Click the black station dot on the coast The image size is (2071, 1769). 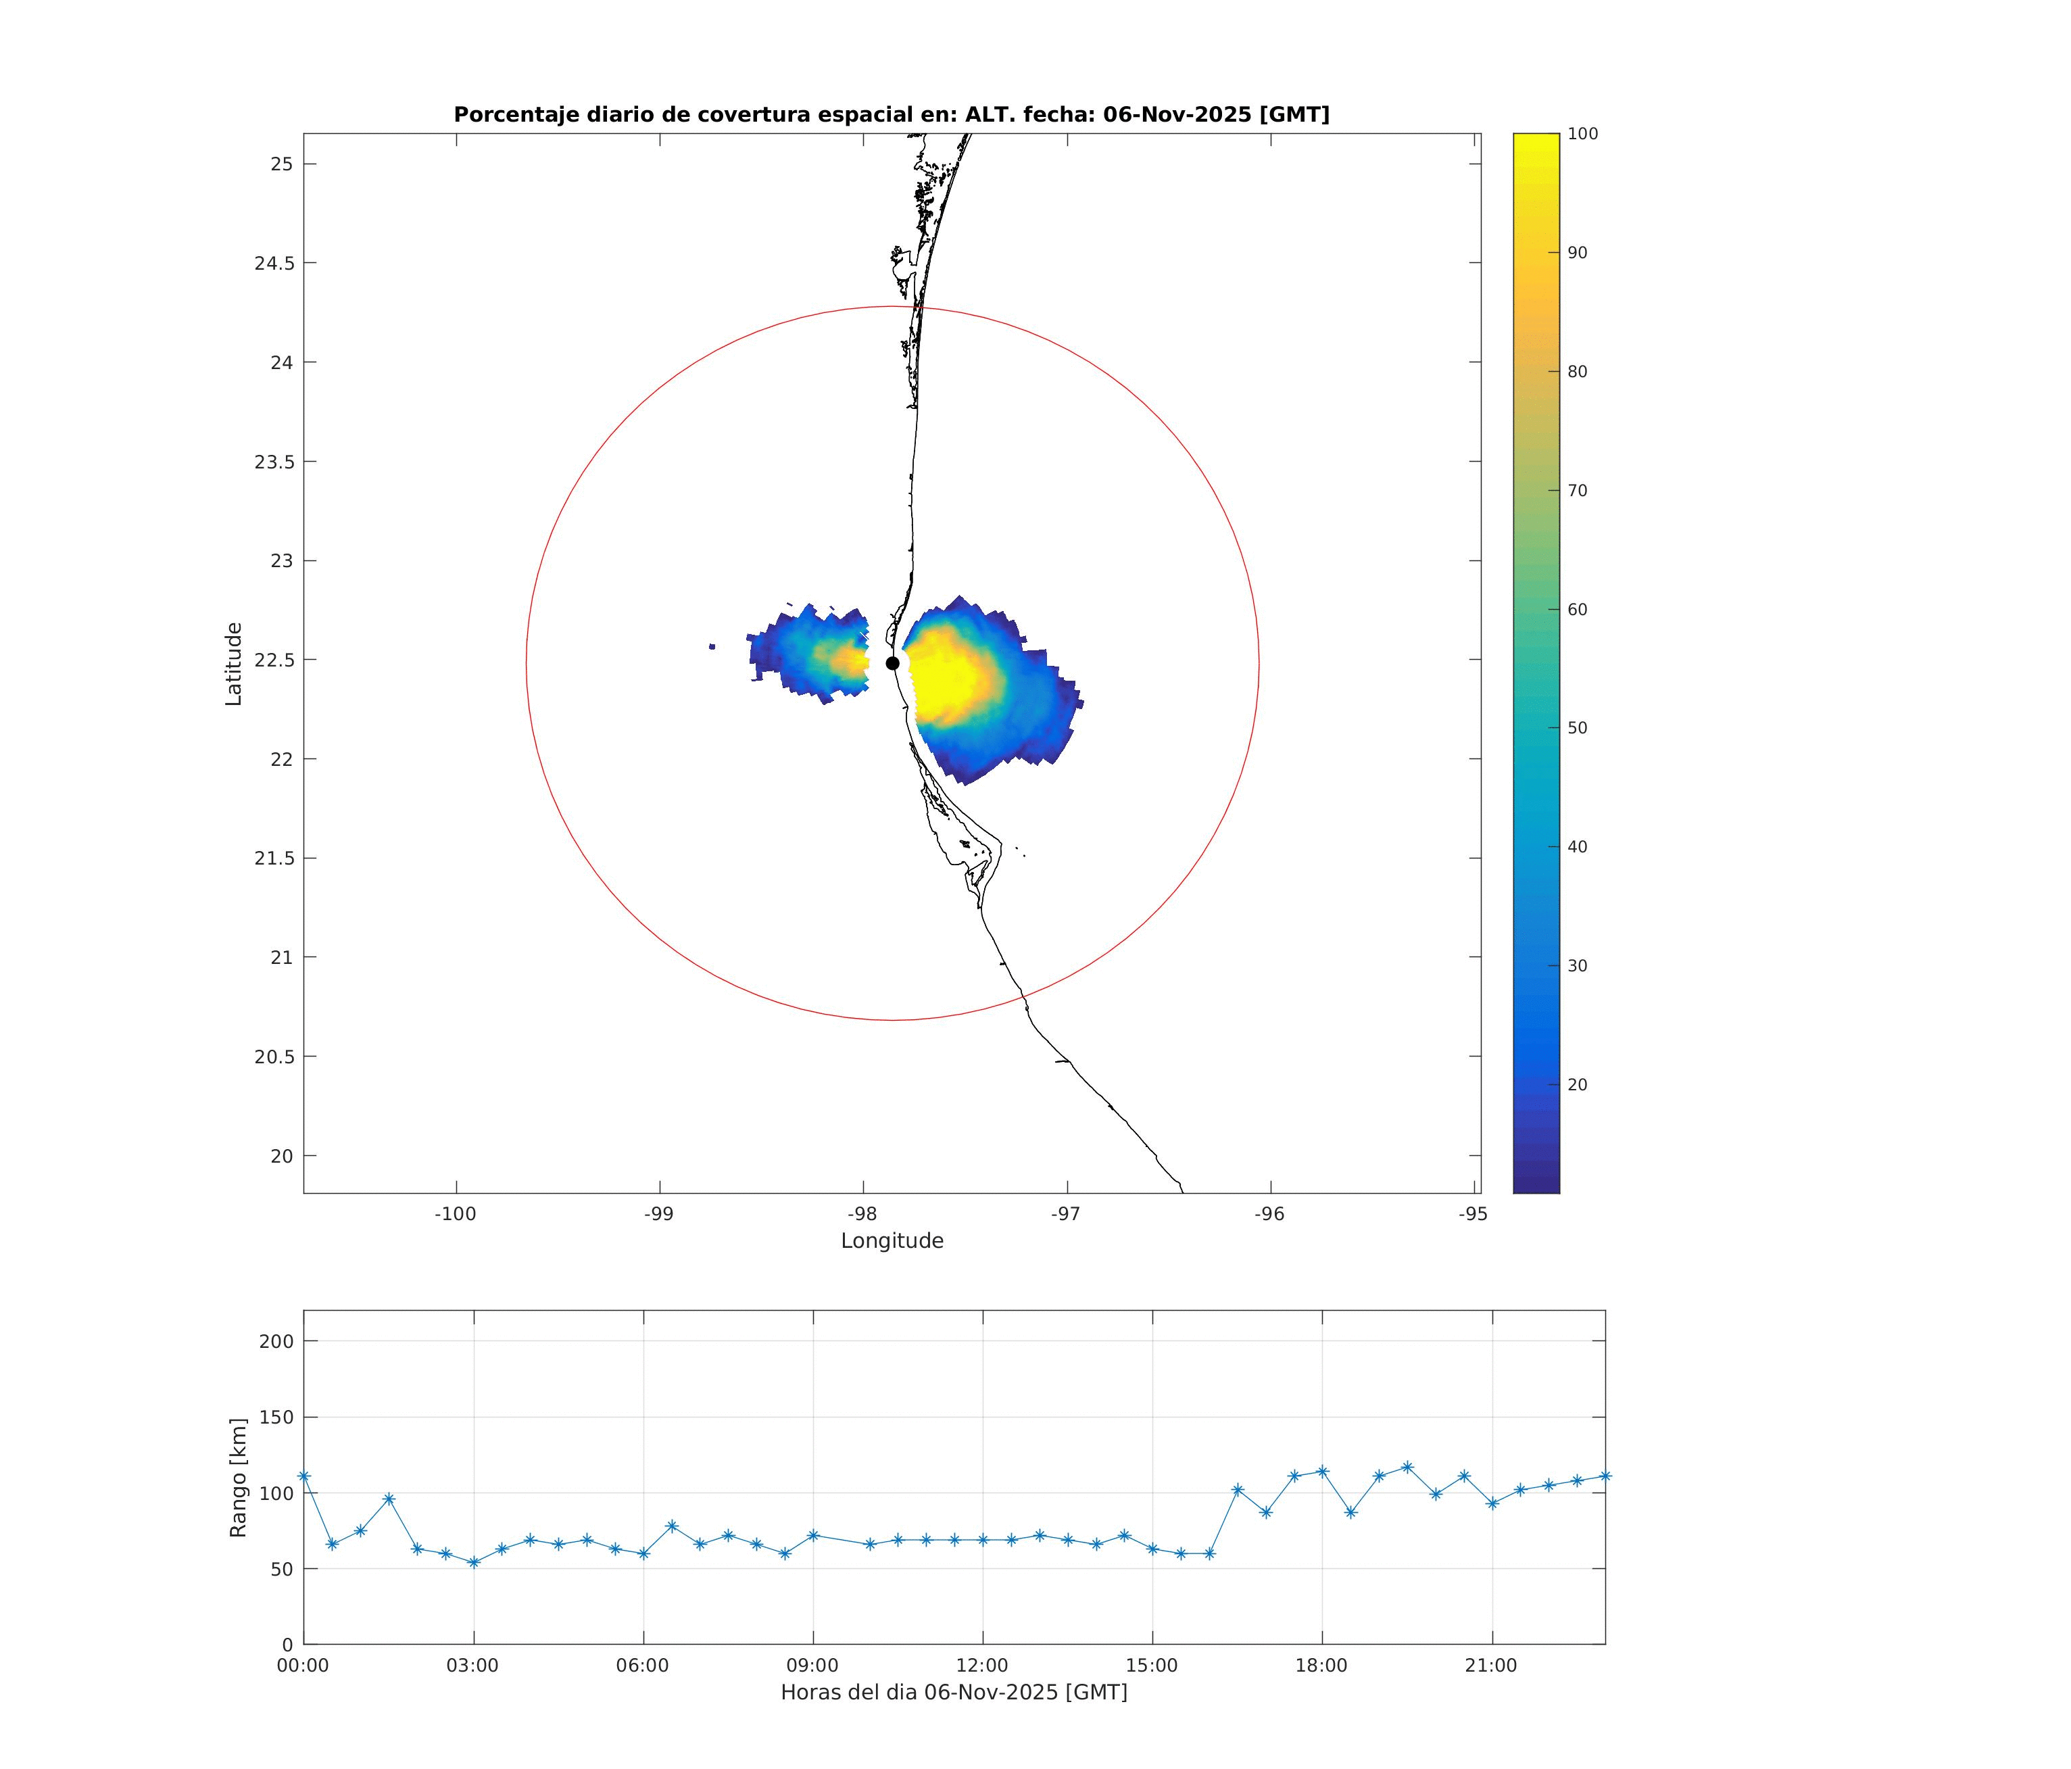pos(893,662)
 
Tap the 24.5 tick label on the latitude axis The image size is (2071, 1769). pos(273,263)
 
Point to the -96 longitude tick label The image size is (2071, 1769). pos(1271,1214)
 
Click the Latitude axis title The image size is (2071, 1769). pos(234,664)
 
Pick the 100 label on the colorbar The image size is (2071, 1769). pos(1582,134)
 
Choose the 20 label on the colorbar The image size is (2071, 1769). pos(1577,1084)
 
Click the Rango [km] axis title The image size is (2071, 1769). pos(238,1477)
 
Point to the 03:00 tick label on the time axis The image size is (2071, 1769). pos(472,1666)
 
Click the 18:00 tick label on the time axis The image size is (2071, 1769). pos(1321,1666)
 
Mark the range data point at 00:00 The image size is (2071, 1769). pos(304,1476)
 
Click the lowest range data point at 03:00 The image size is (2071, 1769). pos(474,1562)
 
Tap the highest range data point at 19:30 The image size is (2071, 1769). pos(1407,1467)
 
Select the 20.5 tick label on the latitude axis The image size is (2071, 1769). pos(273,1057)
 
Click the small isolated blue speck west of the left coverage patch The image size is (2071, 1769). pos(712,647)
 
